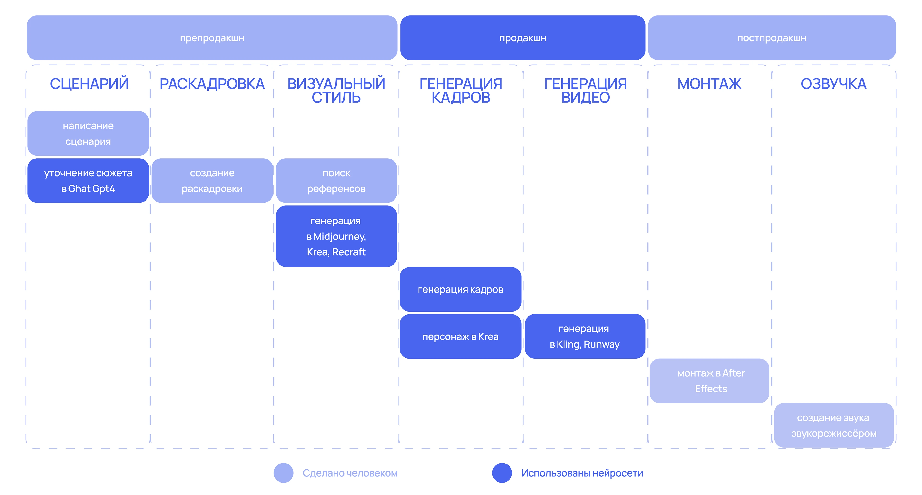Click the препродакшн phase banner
(212, 37)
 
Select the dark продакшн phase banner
(522, 37)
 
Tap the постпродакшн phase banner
(772, 37)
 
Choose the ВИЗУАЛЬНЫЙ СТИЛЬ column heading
(336, 90)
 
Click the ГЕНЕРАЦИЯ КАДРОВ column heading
(461, 90)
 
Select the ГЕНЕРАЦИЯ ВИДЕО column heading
(585, 90)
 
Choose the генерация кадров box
(460, 289)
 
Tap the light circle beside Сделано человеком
(284, 473)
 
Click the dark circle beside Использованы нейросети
(502, 473)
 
